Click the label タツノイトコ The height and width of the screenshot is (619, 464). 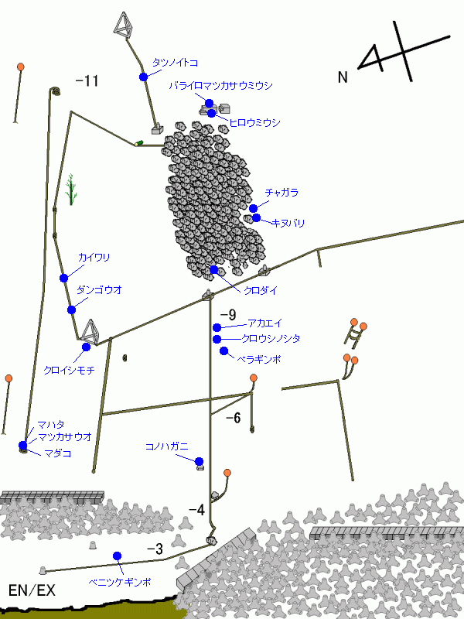pyautogui.click(x=176, y=63)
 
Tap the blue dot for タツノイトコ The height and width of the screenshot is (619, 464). pyautogui.click(x=144, y=77)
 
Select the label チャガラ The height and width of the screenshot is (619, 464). pyautogui.click(x=281, y=193)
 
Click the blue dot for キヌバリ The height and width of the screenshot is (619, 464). pyautogui.click(x=257, y=217)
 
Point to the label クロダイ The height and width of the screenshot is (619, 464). pyautogui.click(x=261, y=291)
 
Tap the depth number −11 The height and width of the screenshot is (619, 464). pyautogui.click(x=87, y=81)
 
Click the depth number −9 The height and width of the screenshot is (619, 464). pyautogui.click(x=228, y=315)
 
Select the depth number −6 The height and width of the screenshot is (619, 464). pyautogui.click(x=234, y=418)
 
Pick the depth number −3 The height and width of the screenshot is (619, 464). pyautogui.click(x=155, y=549)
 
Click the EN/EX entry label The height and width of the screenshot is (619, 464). pyautogui.click(x=32, y=590)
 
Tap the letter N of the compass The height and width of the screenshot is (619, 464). pyautogui.click(x=343, y=77)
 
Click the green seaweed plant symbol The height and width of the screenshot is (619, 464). pyautogui.click(x=71, y=190)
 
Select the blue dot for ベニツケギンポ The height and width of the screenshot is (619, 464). pyautogui.click(x=118, y=556)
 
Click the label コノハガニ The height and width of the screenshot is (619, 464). pyautogui.click(x=167, y=447)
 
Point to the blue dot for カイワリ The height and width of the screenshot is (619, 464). pyautogui.click(x=64, y=279)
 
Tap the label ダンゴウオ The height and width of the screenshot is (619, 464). pyautogui.click(x=100, y=290)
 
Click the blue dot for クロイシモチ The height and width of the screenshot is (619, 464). pyautogui.click(x=86, y=347)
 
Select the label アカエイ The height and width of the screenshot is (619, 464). pyautogui.click(x=265, y=323)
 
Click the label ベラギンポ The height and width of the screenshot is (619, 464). pyautogui.click(x=259, y=359)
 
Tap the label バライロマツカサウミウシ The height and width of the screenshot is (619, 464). pyautogui.click(x=221, y=86)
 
